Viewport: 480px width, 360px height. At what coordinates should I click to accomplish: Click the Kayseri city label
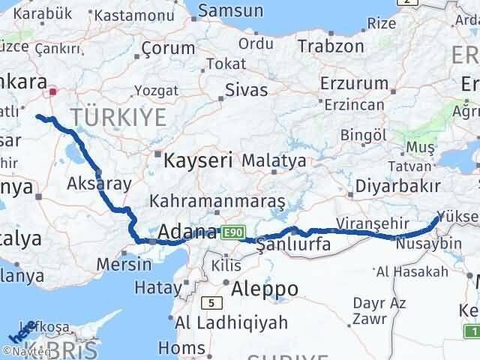(x=198, y=160)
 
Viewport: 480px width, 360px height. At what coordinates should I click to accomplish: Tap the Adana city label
(x=187, y=232)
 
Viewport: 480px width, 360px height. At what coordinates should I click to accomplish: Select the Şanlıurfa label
(x=293, y=244)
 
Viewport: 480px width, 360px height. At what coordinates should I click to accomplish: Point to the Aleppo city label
(x=265, y=289)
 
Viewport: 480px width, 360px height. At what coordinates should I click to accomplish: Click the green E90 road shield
(x=232, y=234)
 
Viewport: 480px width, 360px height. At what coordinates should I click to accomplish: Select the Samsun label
(x=230, y=10)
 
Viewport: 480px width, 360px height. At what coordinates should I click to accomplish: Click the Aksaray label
(x=99, y=183)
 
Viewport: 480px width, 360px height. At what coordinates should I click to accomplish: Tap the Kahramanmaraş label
(x=217, y=202)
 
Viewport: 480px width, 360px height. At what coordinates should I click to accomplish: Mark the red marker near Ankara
(x=53, y=93)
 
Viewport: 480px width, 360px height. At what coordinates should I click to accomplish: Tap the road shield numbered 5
(x=212, y=301)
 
